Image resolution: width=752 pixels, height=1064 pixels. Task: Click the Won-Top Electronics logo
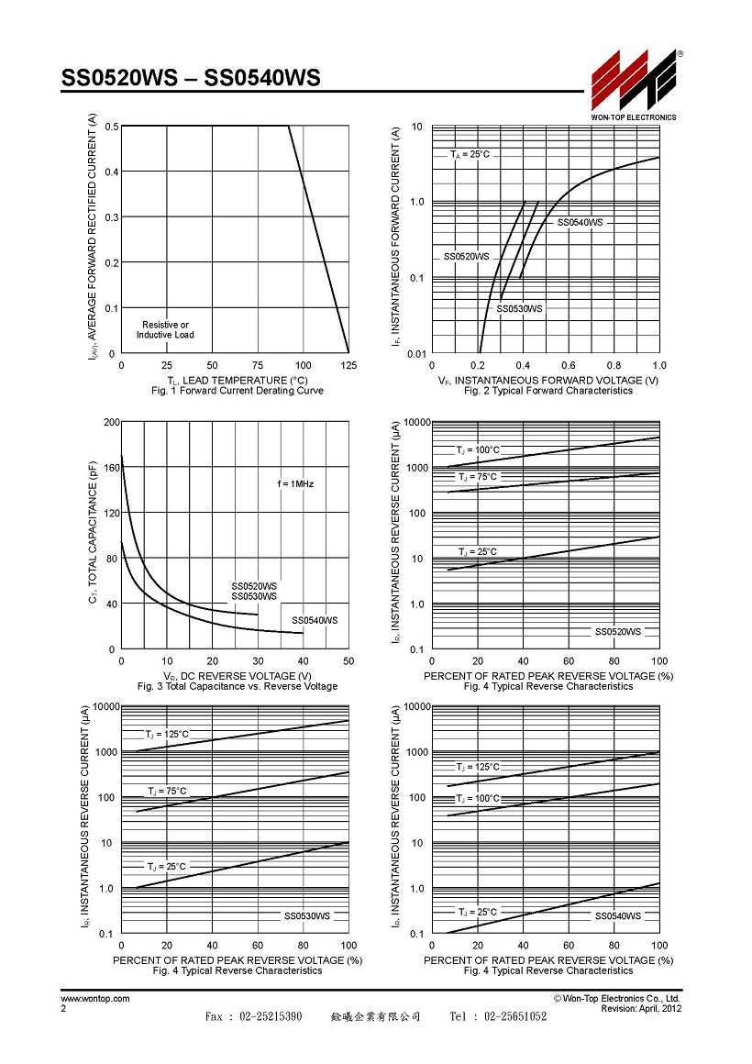tap(634, 84)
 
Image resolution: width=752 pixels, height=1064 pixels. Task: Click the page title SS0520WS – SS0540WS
tap(191, 78)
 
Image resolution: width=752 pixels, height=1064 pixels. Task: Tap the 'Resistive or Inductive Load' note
tap(165, 330)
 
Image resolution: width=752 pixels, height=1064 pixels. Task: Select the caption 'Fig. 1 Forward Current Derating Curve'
tap(238, 391)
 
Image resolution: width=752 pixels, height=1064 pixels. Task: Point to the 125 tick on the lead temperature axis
tap(348, 365)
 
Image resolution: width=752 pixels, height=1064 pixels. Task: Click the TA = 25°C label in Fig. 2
tap(470, 155)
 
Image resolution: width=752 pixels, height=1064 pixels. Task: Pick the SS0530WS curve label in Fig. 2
tap(519, 309)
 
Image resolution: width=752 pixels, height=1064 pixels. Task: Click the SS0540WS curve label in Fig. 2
tap(581, 223)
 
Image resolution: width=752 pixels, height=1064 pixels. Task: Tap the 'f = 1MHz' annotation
tap(296, 483)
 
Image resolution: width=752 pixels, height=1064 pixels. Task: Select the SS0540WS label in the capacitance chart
tap(315, 620)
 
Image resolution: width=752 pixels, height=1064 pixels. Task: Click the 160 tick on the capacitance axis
tap(111, 468)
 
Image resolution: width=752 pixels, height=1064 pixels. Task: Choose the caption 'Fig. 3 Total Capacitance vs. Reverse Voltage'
tap(238, 687)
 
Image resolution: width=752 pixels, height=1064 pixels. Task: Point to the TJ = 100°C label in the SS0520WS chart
tap(478, 449)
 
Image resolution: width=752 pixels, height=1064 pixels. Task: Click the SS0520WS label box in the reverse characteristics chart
tap(617, 632)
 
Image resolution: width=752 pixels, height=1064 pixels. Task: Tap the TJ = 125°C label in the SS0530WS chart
tap(167, 734)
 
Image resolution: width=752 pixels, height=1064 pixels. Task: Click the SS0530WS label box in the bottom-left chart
tap(307, 916)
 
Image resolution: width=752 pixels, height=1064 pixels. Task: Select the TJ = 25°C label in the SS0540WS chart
tap(477, 912)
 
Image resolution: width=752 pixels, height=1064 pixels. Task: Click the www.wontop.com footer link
tap(95, 999)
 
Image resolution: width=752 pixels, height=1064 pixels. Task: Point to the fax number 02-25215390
tap(271, 1015)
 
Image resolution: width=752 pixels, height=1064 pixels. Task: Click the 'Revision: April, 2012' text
tap(641, 1008)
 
